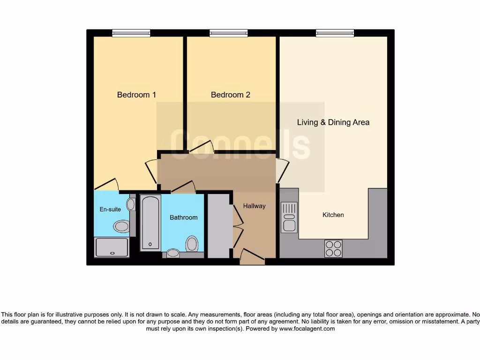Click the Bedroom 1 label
click(136, 95)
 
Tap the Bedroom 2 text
click(230, 95)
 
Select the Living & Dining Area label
click(333, 122)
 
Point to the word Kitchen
click(333, 215)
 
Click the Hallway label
click(254, 206)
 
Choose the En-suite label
click(110, 210)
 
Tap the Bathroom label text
click(183, 217)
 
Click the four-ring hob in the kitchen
click(333, 248)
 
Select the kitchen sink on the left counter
click(289, 217)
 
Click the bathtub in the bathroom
click(150, 223)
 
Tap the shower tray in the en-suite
click(112, 247)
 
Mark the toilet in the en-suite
click(122, 227)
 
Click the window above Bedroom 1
click(131, 33)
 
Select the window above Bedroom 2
click(228, 33)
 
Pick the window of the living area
click(335, 33)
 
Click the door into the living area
click(283, 170)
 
